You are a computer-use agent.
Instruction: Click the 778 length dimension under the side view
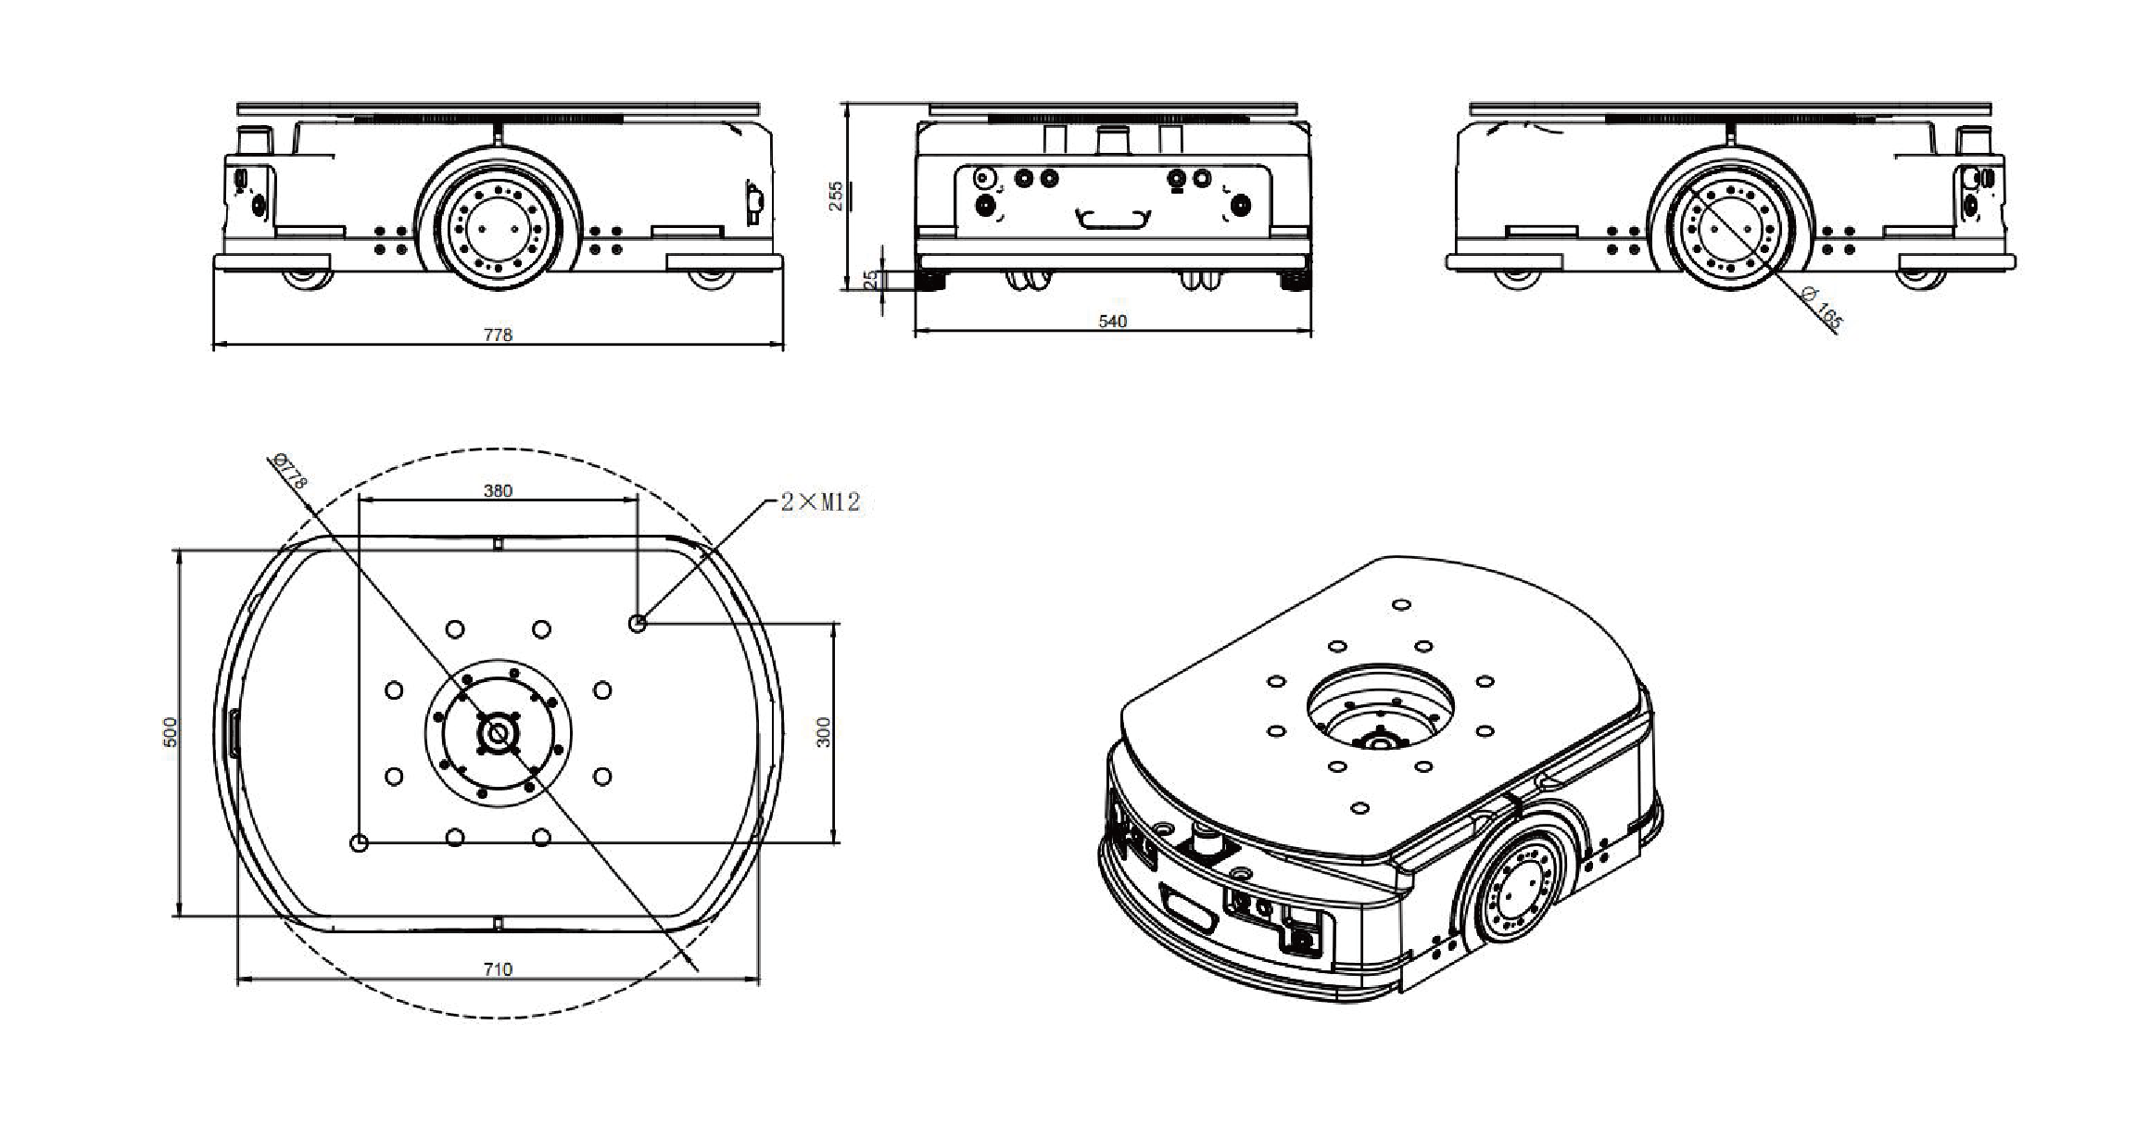coord(498,335)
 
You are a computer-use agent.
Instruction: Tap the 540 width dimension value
coord(1112,322)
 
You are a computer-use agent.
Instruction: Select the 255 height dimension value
coord(836,196)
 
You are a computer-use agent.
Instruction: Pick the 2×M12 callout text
coord(820,502)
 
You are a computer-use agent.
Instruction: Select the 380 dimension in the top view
coord(498,491)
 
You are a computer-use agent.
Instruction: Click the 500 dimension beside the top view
coord(169,732)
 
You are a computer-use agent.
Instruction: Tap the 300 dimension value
coord(824,732)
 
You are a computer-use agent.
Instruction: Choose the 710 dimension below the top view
coord(498,969)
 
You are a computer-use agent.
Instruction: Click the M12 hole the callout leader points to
coord(637,624)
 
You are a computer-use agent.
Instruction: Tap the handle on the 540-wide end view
coord(1112,219)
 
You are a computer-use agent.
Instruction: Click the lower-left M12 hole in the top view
coord(360,842)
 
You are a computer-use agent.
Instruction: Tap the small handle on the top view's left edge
coord(233,733)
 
